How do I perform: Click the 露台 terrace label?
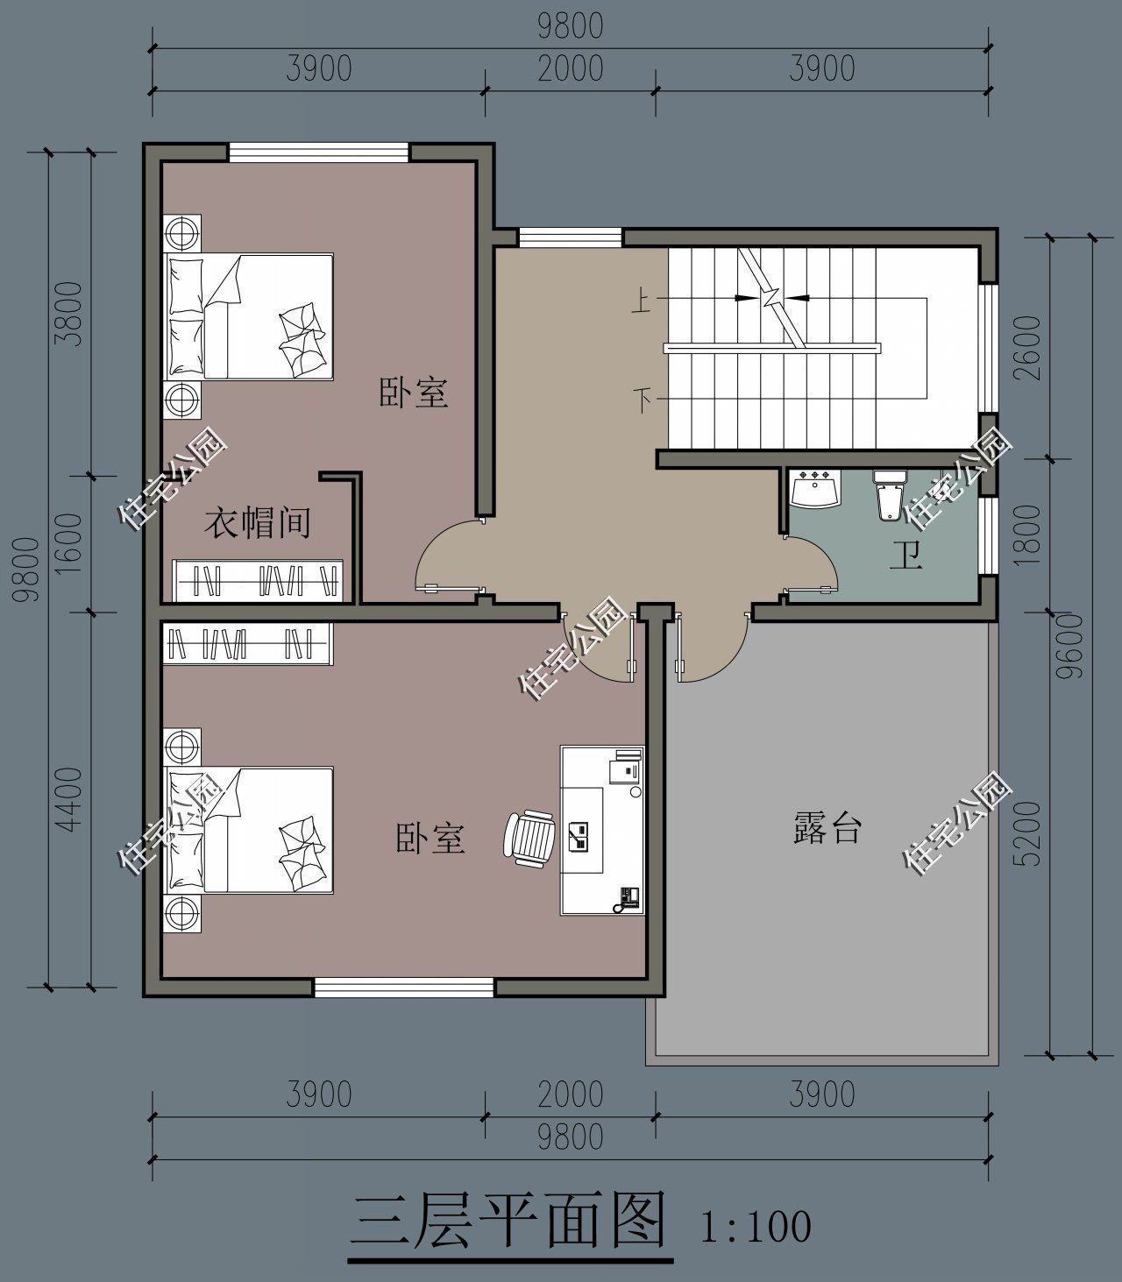point(827,826)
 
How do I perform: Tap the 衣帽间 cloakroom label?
point(258,523)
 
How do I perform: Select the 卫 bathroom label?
point(905,555)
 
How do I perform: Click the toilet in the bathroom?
point(889,496)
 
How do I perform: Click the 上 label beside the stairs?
point(642,302)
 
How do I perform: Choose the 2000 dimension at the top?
point(571,68)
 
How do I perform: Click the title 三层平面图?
point(508,1222)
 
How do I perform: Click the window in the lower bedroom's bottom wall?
point(404,988)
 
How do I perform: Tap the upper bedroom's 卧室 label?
point(413,393)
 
